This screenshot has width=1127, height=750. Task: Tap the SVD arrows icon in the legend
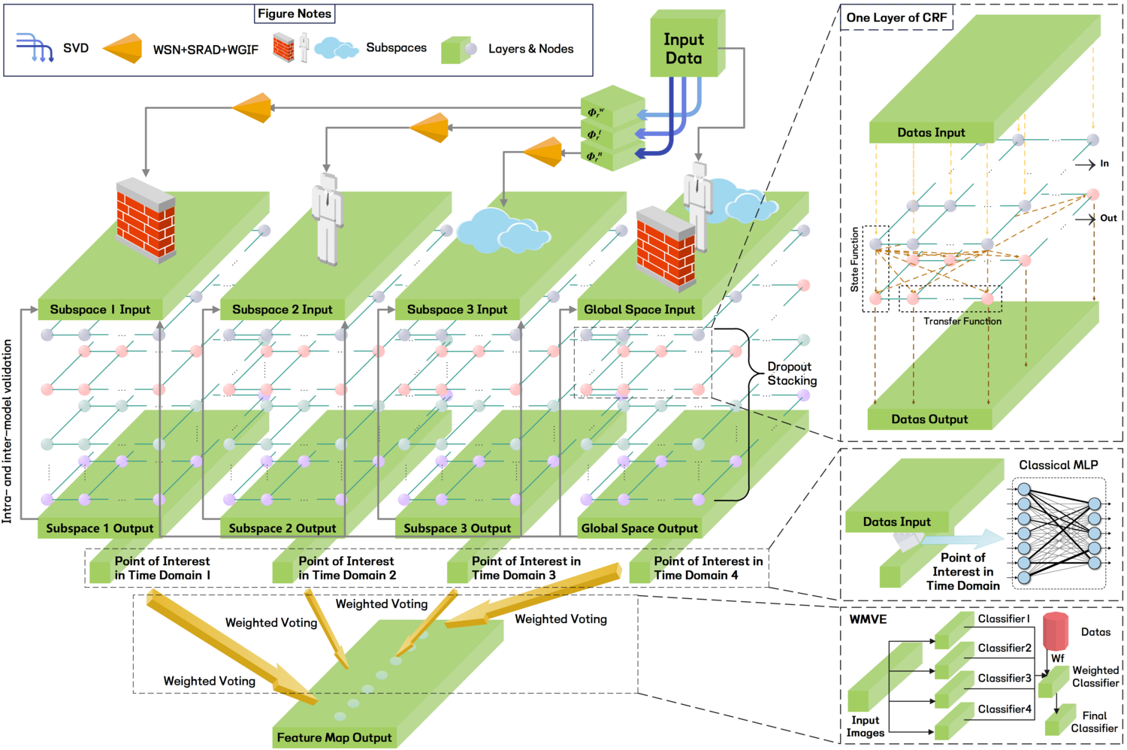35,47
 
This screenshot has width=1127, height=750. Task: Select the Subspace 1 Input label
100,310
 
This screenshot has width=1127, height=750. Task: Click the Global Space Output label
639,528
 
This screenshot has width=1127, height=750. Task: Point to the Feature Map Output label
334,737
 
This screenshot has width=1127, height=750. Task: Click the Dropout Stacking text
790,373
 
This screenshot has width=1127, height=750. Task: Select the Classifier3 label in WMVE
1004,678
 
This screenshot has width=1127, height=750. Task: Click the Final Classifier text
1094,721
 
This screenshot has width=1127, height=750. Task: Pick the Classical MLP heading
1058,465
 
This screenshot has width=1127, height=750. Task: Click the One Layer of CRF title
896,17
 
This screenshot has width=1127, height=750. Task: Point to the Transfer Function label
962,321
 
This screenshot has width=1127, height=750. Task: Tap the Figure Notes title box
295,14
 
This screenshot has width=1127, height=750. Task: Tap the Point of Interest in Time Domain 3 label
525,568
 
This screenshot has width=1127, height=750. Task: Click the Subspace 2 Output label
282,528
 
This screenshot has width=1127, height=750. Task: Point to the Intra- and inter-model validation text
8,430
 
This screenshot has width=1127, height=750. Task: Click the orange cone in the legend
123,48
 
